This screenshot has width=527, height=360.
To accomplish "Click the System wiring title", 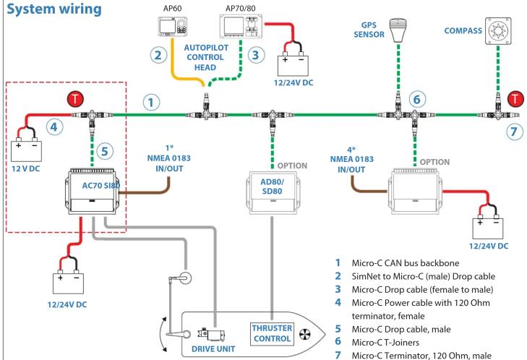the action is (x=54, y=9).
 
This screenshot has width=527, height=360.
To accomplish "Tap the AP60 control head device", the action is (x=173, y=26).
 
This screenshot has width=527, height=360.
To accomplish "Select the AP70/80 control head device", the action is (x=239, y=26).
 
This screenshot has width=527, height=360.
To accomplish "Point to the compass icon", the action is (x=498, y=31).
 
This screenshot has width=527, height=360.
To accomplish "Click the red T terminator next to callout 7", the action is (x=515, y=99).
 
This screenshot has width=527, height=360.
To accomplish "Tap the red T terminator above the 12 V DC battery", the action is (x=75, y=99).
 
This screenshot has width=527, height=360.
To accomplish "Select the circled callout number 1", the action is (x=151, y=102).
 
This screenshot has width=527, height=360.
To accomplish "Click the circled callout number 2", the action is (x=158, y=55).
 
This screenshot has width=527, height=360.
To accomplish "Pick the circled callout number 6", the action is (x=417, y=99).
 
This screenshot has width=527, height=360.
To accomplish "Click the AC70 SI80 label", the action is (x=100, y=185).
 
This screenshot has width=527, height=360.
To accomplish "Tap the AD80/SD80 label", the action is (x=272, y=187).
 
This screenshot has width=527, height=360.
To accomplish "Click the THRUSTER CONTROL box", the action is (x=272, y=333).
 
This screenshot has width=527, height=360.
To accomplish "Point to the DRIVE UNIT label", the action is (x=213, y=349).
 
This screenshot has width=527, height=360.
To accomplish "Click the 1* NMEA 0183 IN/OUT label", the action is (x=169, y=158).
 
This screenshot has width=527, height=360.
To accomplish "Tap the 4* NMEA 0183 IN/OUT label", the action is (x=351, y=160).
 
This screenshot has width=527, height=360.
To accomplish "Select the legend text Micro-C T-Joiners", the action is (x=385, y=343).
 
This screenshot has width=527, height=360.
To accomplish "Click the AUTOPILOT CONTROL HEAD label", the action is (x=206, y=58).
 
